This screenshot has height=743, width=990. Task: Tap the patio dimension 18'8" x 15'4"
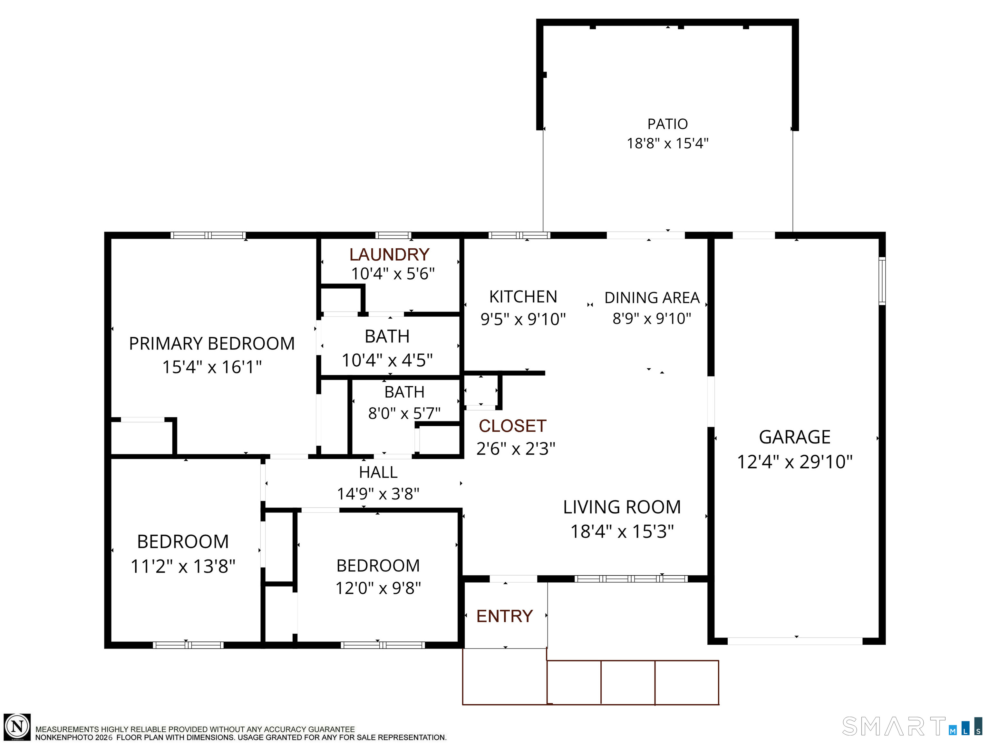coord(667,143)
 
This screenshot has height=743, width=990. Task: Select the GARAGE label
coord(794,437)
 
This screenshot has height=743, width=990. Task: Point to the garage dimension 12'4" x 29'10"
coord(794,462)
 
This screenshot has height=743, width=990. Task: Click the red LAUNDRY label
coord(389,254)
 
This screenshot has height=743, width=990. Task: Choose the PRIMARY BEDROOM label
coord(212,343)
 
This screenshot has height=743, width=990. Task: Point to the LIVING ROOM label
coord(622,507)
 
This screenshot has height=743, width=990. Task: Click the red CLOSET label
coord(512,426)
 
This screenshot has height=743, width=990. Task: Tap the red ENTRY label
coord(504,616)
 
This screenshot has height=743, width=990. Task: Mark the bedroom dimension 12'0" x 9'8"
coord(378,588)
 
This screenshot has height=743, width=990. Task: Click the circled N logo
coord(17,727)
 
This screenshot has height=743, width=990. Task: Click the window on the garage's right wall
coord(882,281)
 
